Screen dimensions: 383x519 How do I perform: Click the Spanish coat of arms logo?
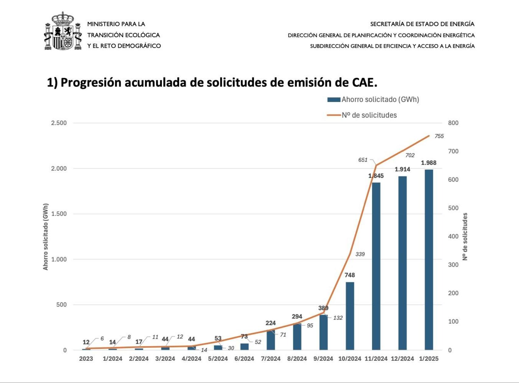[x=63, y=31]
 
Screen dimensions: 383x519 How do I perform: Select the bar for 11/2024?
[x=376, y=266]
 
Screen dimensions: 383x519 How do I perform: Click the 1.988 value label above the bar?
[x=429, y=163]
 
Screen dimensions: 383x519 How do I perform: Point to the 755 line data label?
[x=439, y=136]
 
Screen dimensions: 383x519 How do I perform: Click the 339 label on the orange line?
[x=360, y=254]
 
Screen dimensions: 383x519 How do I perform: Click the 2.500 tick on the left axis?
[x=59, y=123]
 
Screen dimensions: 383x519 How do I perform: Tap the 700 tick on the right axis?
[x=453, y=151]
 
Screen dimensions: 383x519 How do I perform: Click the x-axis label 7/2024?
[x=270, y=359]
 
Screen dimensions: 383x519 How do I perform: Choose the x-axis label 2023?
[x=86, y=359]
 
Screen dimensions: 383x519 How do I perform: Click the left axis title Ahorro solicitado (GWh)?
[x=46, y=236]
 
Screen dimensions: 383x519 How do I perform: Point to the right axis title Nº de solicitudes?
[x=465, y=236]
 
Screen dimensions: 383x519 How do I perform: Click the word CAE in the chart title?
[x=364, y=82]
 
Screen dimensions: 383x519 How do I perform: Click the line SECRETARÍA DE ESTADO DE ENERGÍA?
[x=422, y=24]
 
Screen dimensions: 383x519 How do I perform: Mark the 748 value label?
[x=350, y=275]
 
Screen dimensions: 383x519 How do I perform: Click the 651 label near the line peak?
[x=363, y=160]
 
